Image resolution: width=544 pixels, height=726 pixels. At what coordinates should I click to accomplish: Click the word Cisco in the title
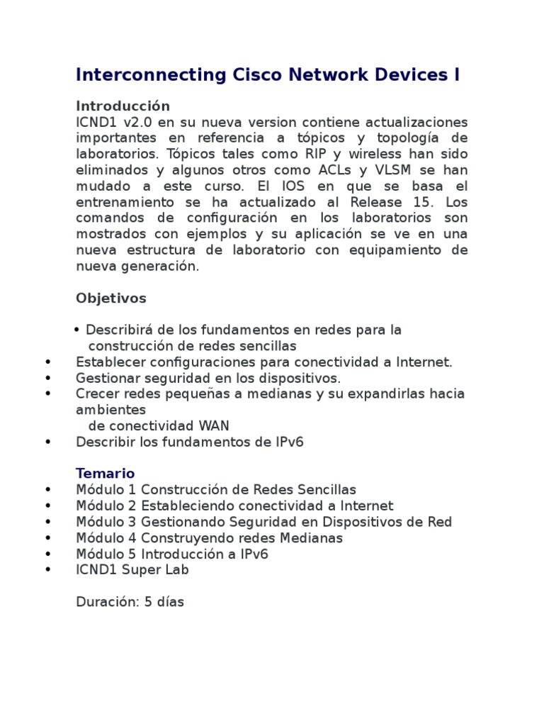259,75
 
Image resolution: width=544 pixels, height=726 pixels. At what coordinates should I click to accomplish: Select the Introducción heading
123,106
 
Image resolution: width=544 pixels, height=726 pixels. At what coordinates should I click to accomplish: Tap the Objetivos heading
111,298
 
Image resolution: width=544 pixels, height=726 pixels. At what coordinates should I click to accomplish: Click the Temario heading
106,473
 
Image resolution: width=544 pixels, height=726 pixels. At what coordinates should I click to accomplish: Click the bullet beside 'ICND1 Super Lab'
47,570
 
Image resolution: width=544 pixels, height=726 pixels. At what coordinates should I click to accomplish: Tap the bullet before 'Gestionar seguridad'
47,378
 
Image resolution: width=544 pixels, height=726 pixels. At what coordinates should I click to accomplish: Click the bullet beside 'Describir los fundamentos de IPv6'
47,442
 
